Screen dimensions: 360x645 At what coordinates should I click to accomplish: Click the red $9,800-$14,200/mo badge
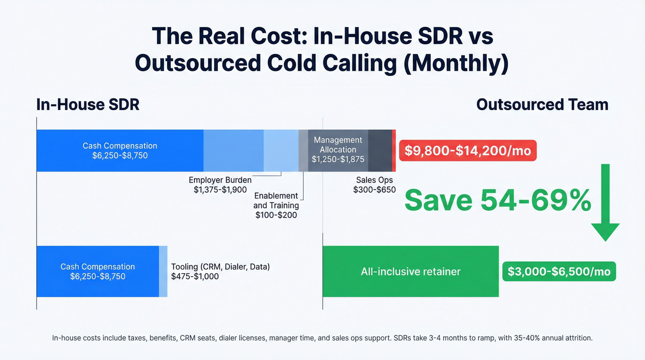468,150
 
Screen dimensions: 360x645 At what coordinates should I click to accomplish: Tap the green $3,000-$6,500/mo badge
559,271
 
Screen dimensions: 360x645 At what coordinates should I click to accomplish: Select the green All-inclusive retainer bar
410,271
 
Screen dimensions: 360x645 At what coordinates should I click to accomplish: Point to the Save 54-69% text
498,201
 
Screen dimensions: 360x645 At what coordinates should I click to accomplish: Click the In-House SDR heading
88,105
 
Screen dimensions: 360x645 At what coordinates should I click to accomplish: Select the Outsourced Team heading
542,105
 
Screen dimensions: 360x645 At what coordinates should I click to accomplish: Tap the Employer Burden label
220,180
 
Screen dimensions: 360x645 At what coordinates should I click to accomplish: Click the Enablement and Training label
276,201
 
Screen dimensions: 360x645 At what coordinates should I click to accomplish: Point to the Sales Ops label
374,180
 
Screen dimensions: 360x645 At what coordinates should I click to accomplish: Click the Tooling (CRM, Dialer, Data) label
220,266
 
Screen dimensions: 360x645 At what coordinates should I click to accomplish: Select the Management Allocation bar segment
338,150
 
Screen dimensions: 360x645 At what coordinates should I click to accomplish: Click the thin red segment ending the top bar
394,150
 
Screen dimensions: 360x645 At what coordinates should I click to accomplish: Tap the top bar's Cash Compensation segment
120,150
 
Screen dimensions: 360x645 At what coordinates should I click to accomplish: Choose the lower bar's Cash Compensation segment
98,271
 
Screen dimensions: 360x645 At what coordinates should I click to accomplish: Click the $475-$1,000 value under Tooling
195,277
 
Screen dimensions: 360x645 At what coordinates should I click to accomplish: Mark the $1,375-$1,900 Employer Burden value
220,189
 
